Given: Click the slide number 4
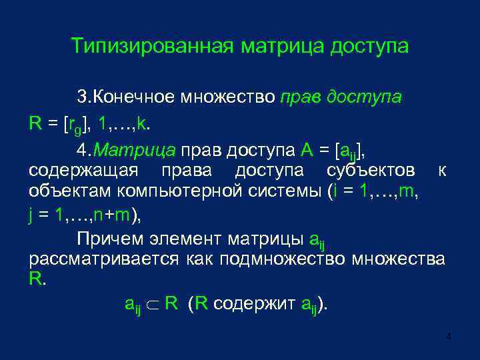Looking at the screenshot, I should [x=449, y=337].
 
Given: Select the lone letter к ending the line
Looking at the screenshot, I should [x=442, y=171].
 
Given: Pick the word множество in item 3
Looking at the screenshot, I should [x=231, y=97].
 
